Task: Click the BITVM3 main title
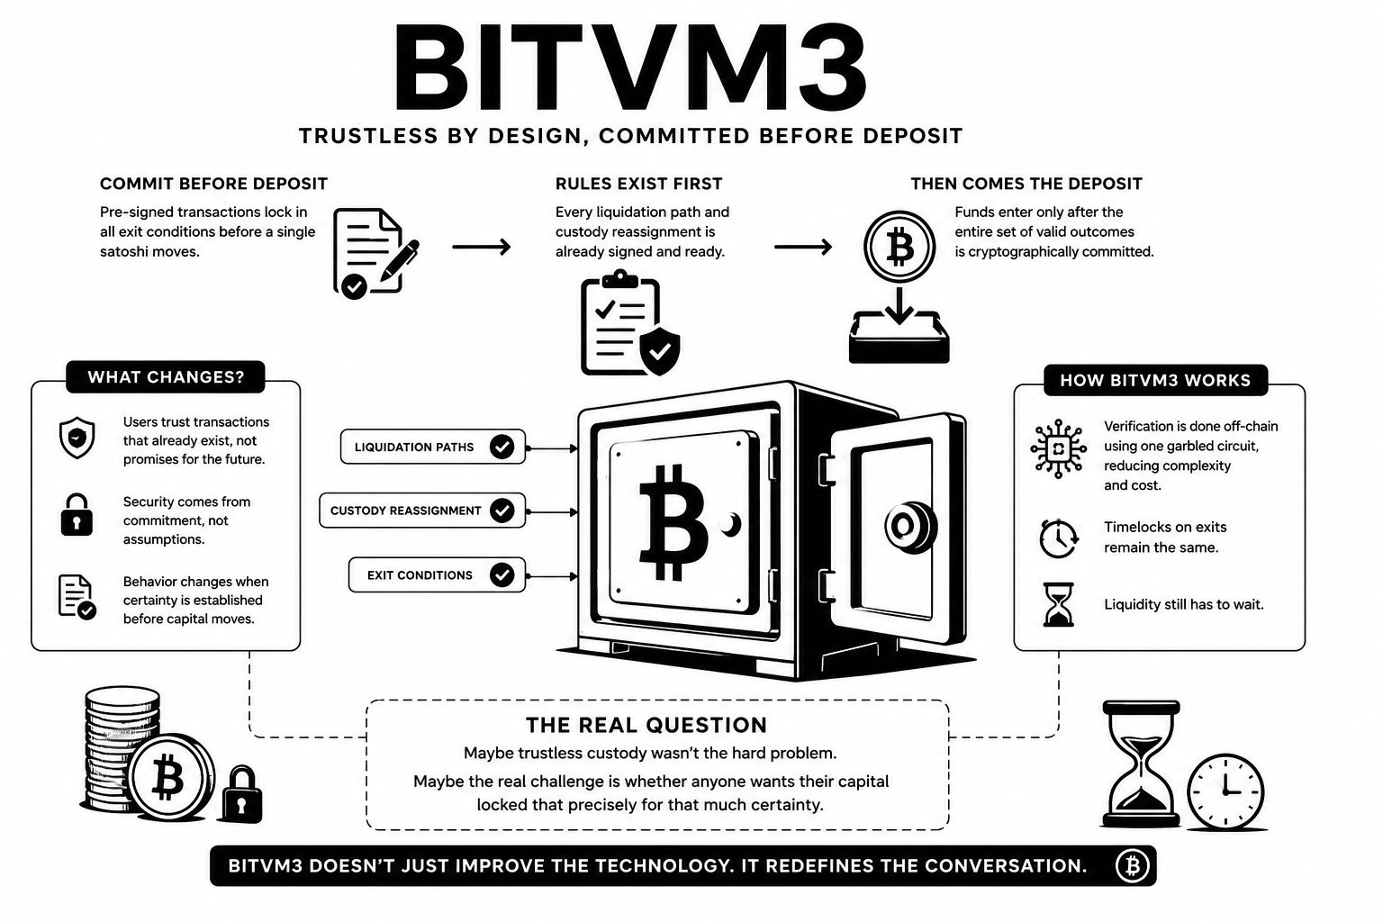(629, 68)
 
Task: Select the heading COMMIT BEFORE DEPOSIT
(213, 184)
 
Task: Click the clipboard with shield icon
(630, 322)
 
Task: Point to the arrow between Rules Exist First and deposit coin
(802, 247)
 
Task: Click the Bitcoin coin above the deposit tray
(899, 247)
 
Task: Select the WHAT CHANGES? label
(166, 376)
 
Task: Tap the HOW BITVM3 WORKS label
(1155, 380)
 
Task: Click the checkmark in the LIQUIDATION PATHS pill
(502, 447)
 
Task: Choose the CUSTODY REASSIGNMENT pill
(422, 511)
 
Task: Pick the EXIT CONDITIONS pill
(437, 575)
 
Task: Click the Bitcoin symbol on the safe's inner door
(672, 522)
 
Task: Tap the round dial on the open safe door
(910, 527)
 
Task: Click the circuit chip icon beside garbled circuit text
(1058, 448)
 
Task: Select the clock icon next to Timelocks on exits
(1059, 538)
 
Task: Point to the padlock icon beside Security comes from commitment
(77, 514)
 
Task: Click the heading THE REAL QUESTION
(646, 725)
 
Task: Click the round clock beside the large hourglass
(1225, 791)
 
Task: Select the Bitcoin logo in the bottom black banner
(1132, 866)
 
